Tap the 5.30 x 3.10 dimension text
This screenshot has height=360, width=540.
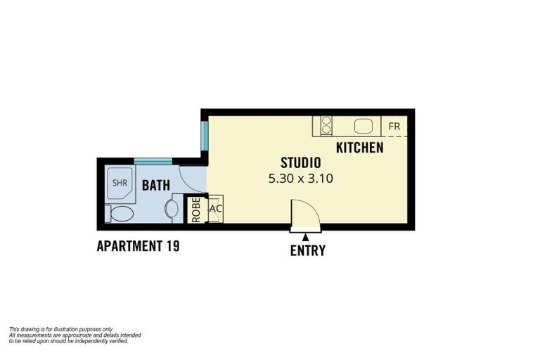(300, 179)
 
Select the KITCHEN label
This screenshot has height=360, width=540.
(359, 148)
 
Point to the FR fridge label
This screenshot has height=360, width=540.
(394, 127)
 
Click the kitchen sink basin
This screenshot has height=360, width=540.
(364, 127)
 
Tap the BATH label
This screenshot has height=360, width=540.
(156, 186)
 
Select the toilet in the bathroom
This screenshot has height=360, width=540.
(120, 213)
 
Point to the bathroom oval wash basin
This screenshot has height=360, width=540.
(172, 209)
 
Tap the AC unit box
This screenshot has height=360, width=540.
(216, 209)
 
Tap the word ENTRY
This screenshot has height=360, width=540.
(308, 250)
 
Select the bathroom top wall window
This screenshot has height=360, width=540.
(153, 162)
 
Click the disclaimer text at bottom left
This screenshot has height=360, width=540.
(75, 335)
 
